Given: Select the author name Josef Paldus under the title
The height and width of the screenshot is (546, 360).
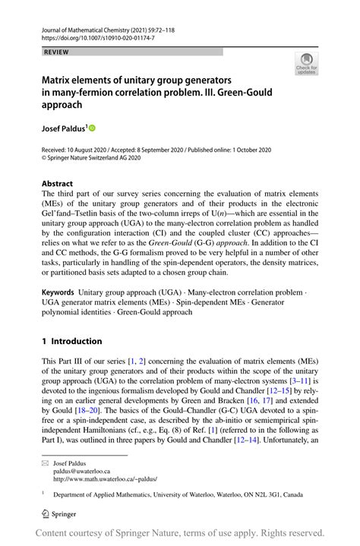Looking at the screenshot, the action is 63,128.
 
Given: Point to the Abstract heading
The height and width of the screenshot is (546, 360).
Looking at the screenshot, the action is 58,183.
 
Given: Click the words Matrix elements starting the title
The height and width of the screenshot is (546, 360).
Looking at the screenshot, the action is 77,79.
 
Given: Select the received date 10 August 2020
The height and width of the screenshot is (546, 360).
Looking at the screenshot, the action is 90,150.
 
